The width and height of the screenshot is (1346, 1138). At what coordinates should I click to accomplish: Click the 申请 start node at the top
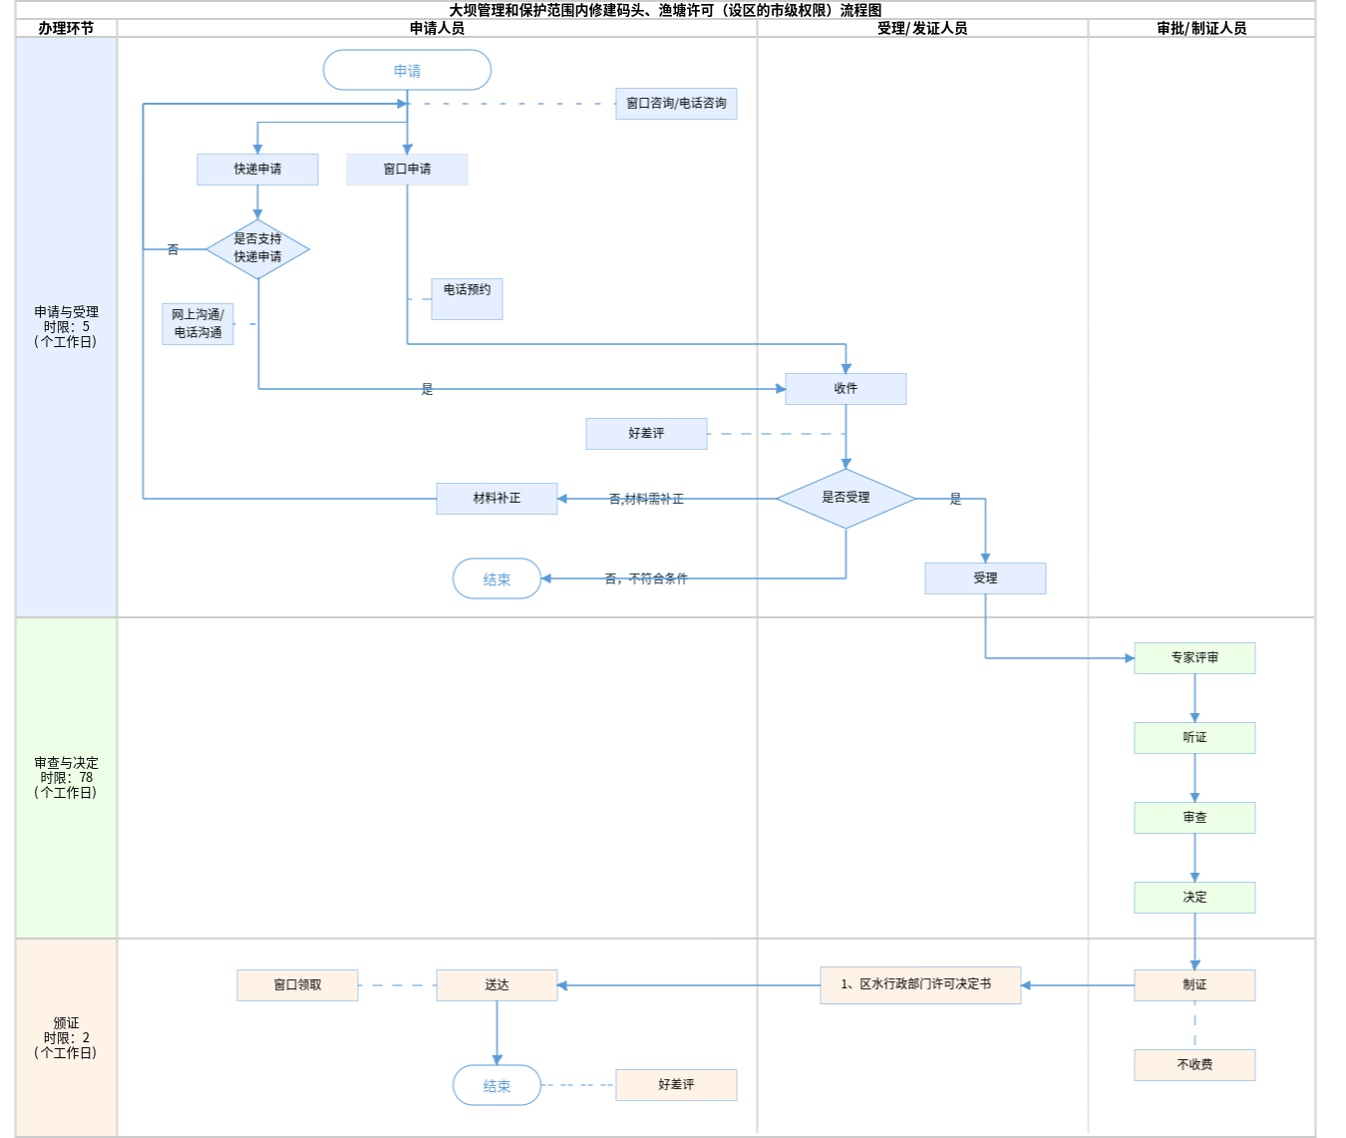point(407,71)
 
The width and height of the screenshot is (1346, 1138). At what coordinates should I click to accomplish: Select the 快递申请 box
point(257,170)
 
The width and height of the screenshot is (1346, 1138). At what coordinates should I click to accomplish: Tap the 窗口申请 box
point(407,170)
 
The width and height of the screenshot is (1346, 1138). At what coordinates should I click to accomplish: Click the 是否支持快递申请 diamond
point(257,248)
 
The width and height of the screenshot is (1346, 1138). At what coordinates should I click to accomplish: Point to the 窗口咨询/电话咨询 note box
point(676,104)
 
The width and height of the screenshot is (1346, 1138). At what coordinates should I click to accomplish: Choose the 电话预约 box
point(467,298)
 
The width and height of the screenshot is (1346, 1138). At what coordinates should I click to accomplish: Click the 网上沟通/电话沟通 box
point(197,324)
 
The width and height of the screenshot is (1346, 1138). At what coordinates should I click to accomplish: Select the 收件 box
point(845,389)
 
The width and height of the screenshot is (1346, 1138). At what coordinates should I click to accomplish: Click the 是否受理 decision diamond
point(845,498)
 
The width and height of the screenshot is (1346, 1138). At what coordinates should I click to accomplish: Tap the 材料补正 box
point(497,499)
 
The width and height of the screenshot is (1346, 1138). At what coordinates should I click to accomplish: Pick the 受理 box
point(985,578)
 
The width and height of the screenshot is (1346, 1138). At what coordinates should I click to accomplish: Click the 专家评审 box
point(1194,658)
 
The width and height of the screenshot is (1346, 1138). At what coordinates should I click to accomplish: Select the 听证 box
point(1194,738)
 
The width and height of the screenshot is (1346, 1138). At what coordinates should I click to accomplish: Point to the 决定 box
point(1194,898)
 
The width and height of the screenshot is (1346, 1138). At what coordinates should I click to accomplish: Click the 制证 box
point(1194,985)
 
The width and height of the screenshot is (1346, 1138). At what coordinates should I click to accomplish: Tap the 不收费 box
point(1194,1065)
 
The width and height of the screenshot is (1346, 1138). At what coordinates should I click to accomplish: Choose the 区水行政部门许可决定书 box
point(920,984)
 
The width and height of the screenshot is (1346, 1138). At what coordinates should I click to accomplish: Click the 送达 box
point(497,985)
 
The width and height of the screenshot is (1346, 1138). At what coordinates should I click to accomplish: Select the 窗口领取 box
point(297,985)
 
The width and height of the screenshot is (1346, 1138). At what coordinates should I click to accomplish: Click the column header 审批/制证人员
point(1201,29)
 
